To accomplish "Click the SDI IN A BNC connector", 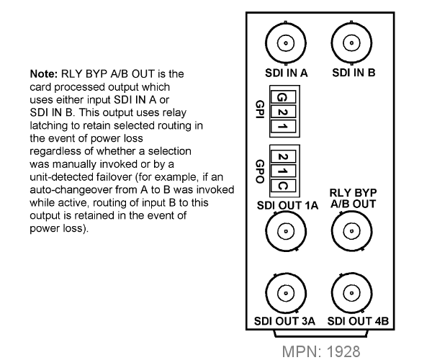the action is point(286,43).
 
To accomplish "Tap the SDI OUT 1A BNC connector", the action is point(286,231).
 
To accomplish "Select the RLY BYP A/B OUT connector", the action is point(351,231).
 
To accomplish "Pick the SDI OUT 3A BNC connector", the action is point(286,293).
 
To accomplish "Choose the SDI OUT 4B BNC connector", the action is point(351,293).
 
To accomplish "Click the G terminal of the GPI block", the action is point(283,97).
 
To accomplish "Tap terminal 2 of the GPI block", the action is point(283,112).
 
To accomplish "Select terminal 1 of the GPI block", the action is point(283,127).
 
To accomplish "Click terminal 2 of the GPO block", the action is point(283,156).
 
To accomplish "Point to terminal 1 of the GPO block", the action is point(283,171).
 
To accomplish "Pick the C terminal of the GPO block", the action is point(283,186).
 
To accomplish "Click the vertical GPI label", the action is point(261,109).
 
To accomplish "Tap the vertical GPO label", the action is point(261,171).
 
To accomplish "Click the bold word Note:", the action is point(44,74).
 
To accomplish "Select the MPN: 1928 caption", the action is point(321,352).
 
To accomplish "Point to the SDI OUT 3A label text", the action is point(284,321).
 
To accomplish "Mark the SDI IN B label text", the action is point(354,73).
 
